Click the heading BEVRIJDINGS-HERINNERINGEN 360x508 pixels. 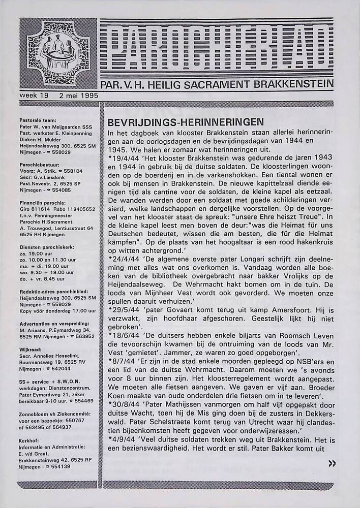click(186, 122)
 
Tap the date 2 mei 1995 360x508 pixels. click(78, 96)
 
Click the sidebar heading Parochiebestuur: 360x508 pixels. click(40, 165)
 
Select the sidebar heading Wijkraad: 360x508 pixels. click(32, 350)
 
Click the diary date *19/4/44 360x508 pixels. click(123, 157)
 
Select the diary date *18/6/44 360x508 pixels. click(123, 337)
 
